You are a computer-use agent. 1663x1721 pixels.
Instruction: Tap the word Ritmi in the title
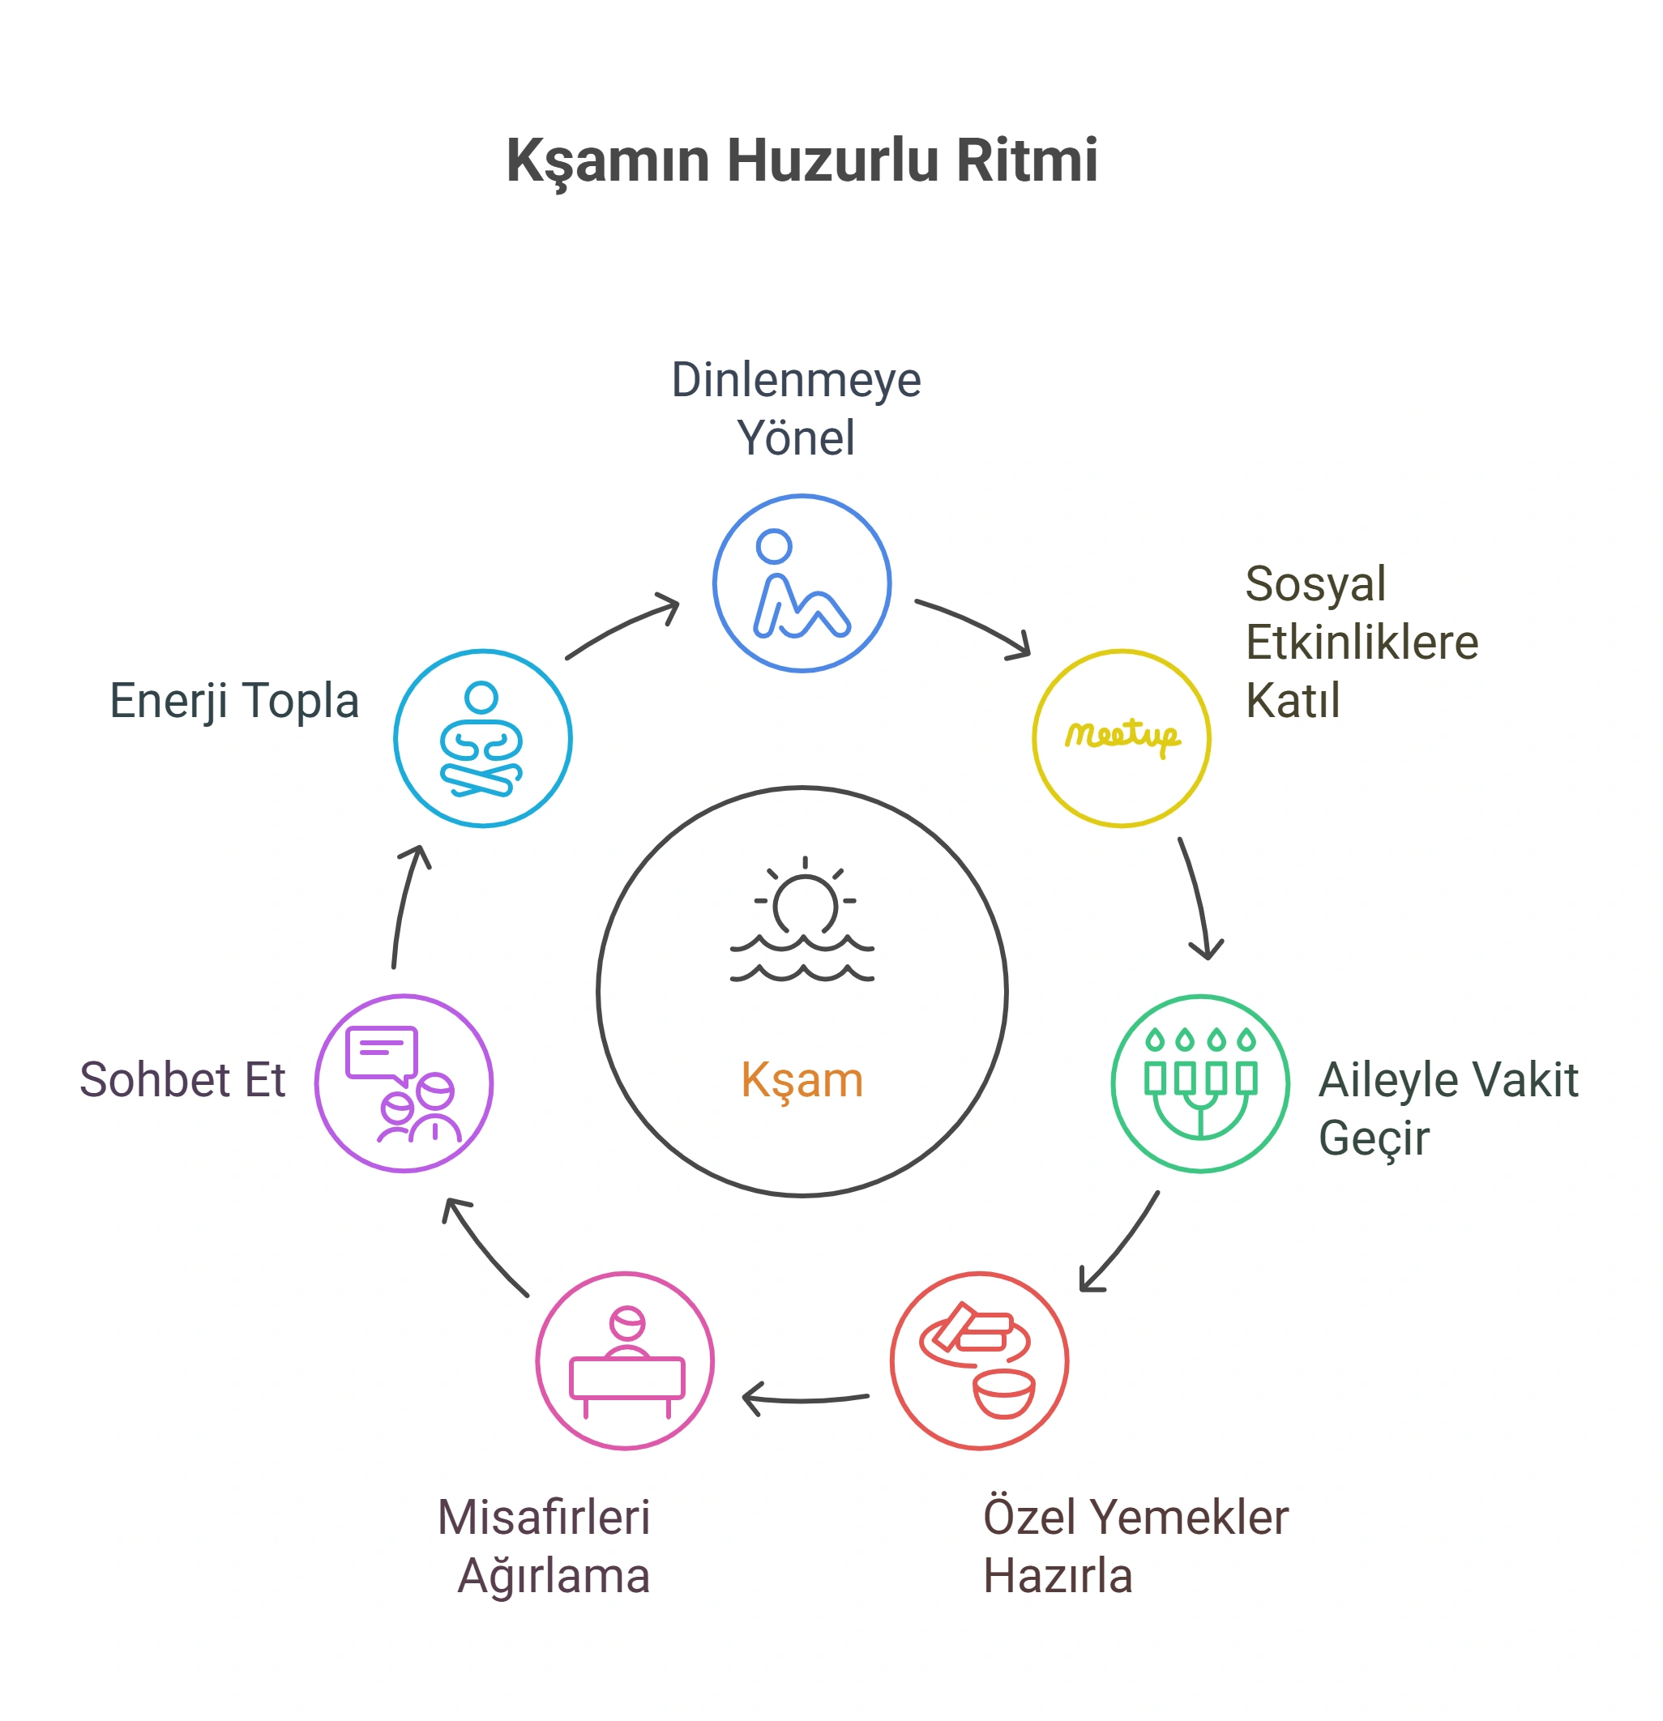click(x=1027, y=160)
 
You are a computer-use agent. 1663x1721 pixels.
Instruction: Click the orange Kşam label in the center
click(x=802, y=1081)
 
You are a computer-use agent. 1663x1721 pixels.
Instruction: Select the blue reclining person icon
click(x=802, y=584)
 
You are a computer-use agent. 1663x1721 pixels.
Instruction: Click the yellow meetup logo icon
click(x=1122, y=737)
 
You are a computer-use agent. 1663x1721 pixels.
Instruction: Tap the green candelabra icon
click(x=1200, y=1083)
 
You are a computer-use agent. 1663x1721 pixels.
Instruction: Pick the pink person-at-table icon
click(x=626, y=1362)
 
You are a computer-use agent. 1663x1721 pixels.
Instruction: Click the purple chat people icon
click(x=403, y=1084)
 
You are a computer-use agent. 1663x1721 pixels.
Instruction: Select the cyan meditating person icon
click(x=481, y=739)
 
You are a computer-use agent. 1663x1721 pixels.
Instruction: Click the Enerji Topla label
click(x=234, y=702)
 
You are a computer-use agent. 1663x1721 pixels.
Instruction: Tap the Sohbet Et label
click(x=182, y=1080)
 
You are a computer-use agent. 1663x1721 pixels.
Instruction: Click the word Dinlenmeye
click(x=797, y=380)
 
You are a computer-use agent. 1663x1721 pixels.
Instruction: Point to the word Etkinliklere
click(x=1362, y=642)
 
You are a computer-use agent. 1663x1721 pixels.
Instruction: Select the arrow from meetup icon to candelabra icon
click(x=1199, y=898)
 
